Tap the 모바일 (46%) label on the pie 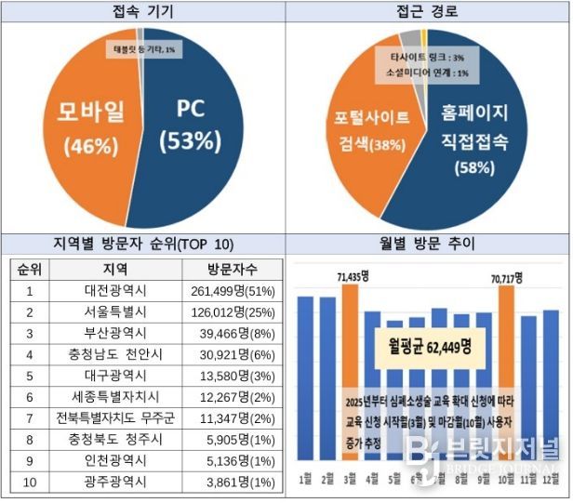[x=87, y=127]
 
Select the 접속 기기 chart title [x=142, y=11]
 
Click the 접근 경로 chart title [x=427, y=11]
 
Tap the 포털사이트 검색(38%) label [x=371, y=132]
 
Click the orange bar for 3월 [x=349, y=372]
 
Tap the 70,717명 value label [x=505, y=277]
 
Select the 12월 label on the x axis [x=551, y=480]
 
